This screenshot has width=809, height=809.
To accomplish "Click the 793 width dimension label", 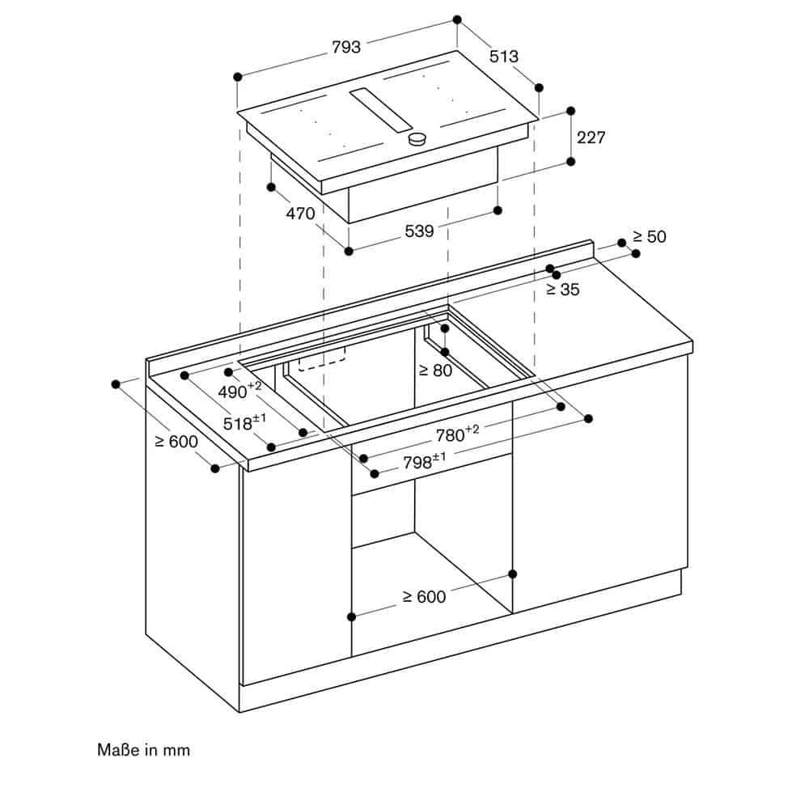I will point(345,48).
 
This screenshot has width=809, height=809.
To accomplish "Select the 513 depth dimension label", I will point(504,57).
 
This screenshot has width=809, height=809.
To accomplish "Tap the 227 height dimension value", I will point(591,138).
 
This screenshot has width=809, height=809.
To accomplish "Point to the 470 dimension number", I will point(299,215).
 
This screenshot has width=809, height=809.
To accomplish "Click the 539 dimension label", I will point(419,231).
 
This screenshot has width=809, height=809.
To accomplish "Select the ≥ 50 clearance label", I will point(649,237).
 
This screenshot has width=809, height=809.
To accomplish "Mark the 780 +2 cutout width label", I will point(457,434).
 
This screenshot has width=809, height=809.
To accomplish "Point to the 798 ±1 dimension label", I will point(424,462).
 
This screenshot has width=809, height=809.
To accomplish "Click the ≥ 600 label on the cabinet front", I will point(424,597).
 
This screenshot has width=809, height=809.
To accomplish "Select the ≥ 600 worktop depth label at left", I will point(176,442).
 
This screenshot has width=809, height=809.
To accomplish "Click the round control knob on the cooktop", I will point(417,139).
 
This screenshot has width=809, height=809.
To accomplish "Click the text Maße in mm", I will point(143,750).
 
